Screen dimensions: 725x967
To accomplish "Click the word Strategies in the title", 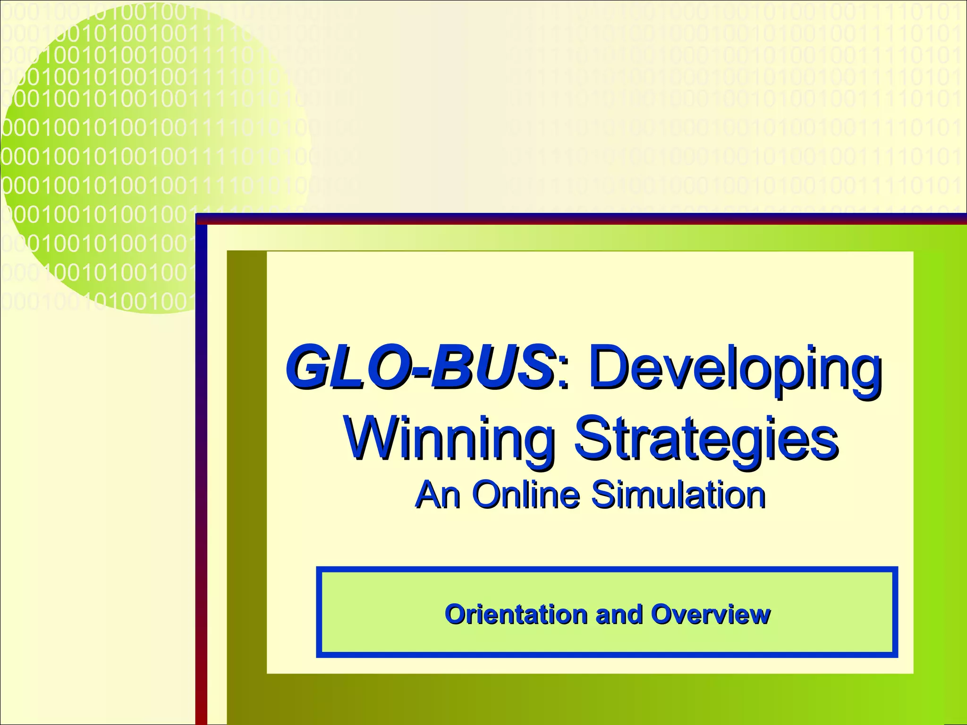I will [x=705, y=439].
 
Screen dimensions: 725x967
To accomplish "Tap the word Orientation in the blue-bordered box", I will [x=517, y=614].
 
